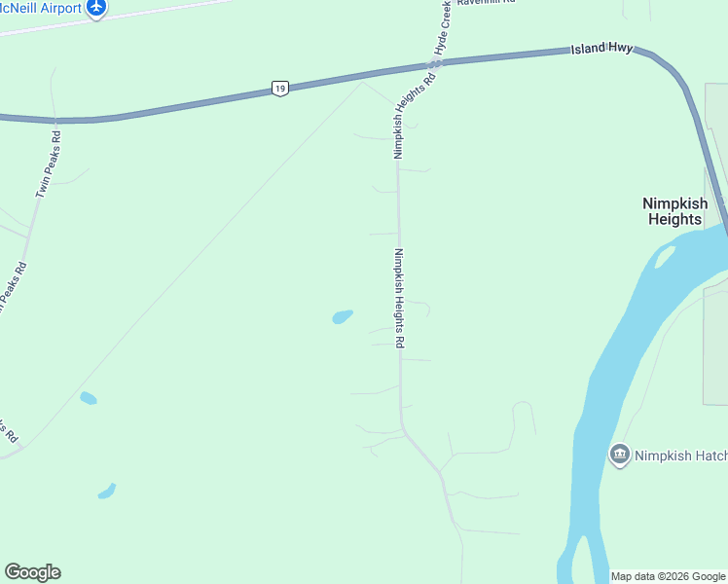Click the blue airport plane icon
(95, 7)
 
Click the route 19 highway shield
(280, 89)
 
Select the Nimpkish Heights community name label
(673, 211)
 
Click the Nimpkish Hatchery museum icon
(619, 455)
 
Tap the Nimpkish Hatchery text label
(680, 455)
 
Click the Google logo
(32, 572)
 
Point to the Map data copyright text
(668, 576)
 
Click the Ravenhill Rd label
(486, 3)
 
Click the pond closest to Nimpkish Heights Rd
(342, 316)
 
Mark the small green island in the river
(666, 256)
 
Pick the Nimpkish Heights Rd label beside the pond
(399, 299)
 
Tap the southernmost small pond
(107, 491)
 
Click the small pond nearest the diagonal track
(88, 398)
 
